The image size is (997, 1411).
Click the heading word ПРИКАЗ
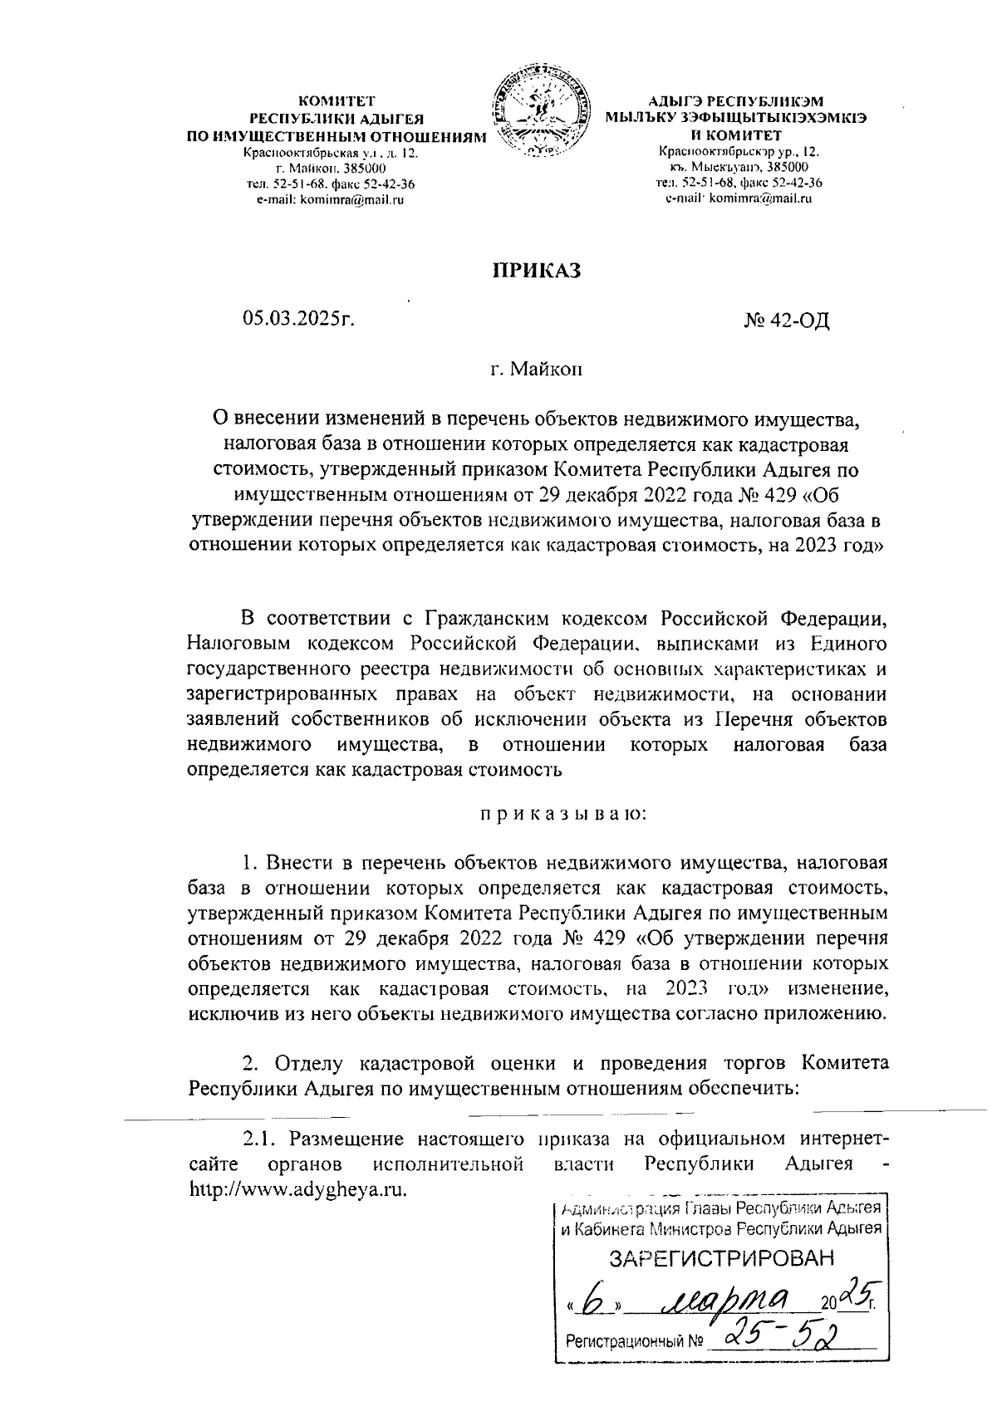535,271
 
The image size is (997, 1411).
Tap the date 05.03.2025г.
298,320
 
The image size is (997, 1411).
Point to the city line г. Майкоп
536,368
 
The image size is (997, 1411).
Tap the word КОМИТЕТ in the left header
337,100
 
